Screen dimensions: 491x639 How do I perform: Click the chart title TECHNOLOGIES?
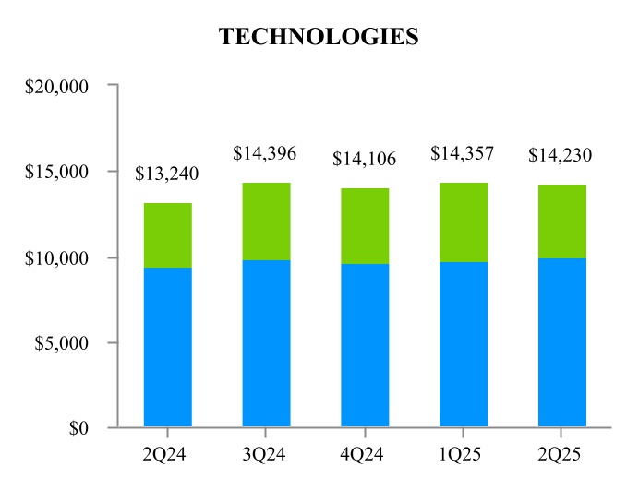[319, 37]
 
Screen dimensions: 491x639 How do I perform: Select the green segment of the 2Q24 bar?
[168, 235]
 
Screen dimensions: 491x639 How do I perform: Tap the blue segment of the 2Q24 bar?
[168, 347]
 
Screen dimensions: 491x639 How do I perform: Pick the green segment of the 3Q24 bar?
[266, 222]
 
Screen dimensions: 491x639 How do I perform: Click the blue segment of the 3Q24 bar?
[266, 343]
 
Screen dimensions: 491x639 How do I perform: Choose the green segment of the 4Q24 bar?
[365, 226]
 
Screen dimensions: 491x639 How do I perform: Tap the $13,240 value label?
[167, 174]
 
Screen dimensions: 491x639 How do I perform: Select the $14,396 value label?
[265, 153]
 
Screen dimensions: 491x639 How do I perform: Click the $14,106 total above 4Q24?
[364, 159]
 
